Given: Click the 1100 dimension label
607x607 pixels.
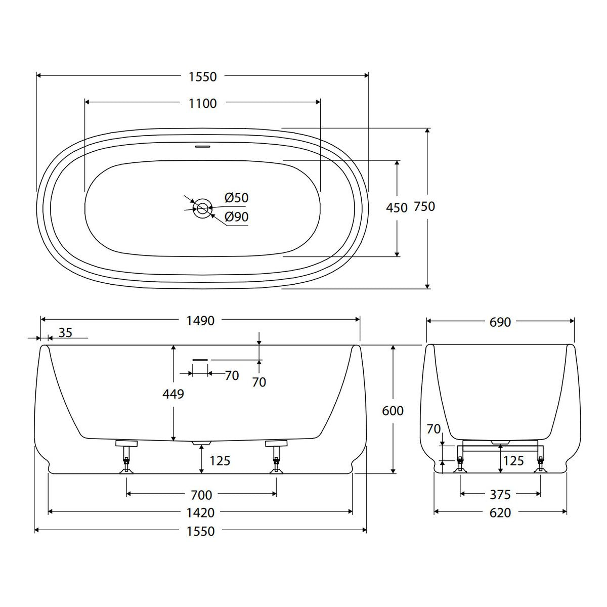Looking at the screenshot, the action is click(202, 104).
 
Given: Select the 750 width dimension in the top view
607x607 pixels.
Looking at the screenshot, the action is click(424, 206).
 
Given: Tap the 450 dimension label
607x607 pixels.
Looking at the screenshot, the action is click(397, 208).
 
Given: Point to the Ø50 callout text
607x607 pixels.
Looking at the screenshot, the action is click(237, 198).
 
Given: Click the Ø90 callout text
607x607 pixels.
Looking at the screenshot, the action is click(237, 216).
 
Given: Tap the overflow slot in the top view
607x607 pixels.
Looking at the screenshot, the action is click(202, 147).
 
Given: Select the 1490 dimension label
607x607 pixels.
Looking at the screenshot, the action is click(200, 321).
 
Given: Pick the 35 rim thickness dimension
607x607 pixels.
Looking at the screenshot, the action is click(66, 332).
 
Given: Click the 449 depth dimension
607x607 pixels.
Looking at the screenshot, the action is click(174, 394).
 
